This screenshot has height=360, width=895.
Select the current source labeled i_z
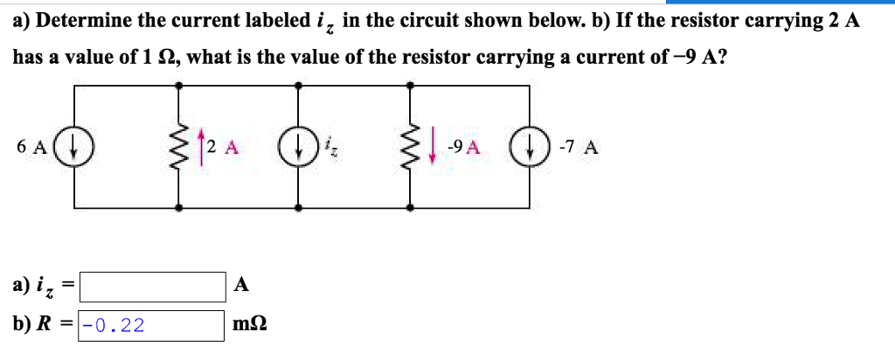click(299, 146)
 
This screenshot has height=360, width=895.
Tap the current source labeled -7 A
click(529, 146)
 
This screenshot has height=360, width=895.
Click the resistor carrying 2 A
click(180, 146)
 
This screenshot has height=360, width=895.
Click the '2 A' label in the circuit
click(222, 146)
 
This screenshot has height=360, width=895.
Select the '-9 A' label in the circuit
click(461, 146)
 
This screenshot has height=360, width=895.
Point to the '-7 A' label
click(577, 146)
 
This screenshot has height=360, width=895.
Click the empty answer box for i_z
click(153, 285)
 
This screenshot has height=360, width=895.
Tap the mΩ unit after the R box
click(251, 326)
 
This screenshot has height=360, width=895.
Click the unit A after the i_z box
click(242, 285)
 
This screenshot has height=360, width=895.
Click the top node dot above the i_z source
click(299, 86)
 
